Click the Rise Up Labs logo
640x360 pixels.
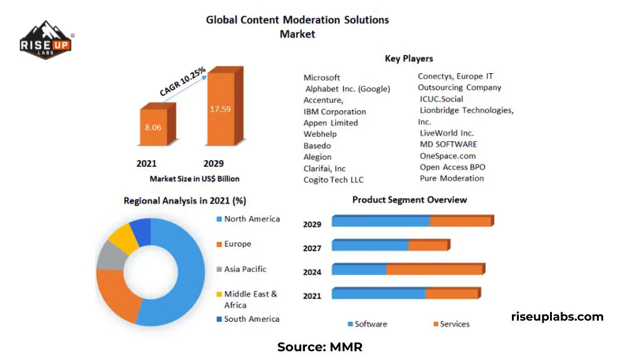point(46,42)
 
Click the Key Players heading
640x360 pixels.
point(409,59)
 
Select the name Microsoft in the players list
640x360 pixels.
point(322,77)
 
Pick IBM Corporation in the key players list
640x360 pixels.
point(334,112)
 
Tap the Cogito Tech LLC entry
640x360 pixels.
point(333,180)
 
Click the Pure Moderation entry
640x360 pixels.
point(452,179)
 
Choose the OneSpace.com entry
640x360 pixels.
point(447,156)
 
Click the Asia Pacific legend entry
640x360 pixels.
point(244,269)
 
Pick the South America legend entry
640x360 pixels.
point(251,319)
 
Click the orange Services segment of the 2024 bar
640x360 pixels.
point(434,270)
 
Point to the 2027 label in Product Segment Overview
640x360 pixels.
point(312,248)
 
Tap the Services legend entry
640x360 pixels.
point(454,324)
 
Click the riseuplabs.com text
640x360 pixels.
point(557,317)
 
